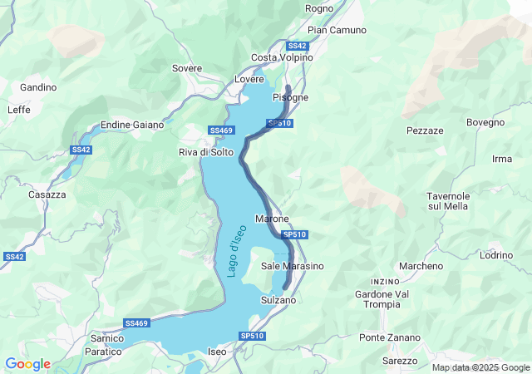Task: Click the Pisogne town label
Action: pyautogui.click(x=290, y=97)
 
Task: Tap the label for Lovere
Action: pyautogui.click(x=249, y=79)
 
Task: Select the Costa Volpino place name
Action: pyautogui.click(x=282, y=57)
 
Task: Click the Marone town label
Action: pyautogui.click(x=272, y=219)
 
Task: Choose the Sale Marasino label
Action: pyautogui.click(x=292, y=266)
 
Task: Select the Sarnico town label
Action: pyautogui.click(x=106, y=339)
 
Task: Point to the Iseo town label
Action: pyautogui.click(x=217, y=352)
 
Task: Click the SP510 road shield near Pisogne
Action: pyautogui.click(x=279, y=123)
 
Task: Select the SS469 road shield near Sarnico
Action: pyautogui.click(x=136, y=322)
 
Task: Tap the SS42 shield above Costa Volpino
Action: pyautogui.click(x=297, y=46)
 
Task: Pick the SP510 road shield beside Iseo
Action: pyautogui.click(x=252, y=336)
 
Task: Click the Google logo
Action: pyautogui.click(x=27, y=364)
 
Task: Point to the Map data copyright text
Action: pyautogui.click(x=480, y=367)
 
